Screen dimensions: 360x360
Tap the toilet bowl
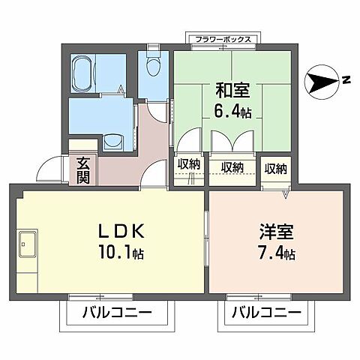154,67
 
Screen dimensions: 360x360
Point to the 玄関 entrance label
81,169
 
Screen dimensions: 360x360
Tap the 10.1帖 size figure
113,253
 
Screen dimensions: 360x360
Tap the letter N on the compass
346,80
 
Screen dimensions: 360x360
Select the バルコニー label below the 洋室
265,313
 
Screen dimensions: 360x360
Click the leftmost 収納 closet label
189,163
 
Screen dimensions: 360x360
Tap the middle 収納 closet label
232,166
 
